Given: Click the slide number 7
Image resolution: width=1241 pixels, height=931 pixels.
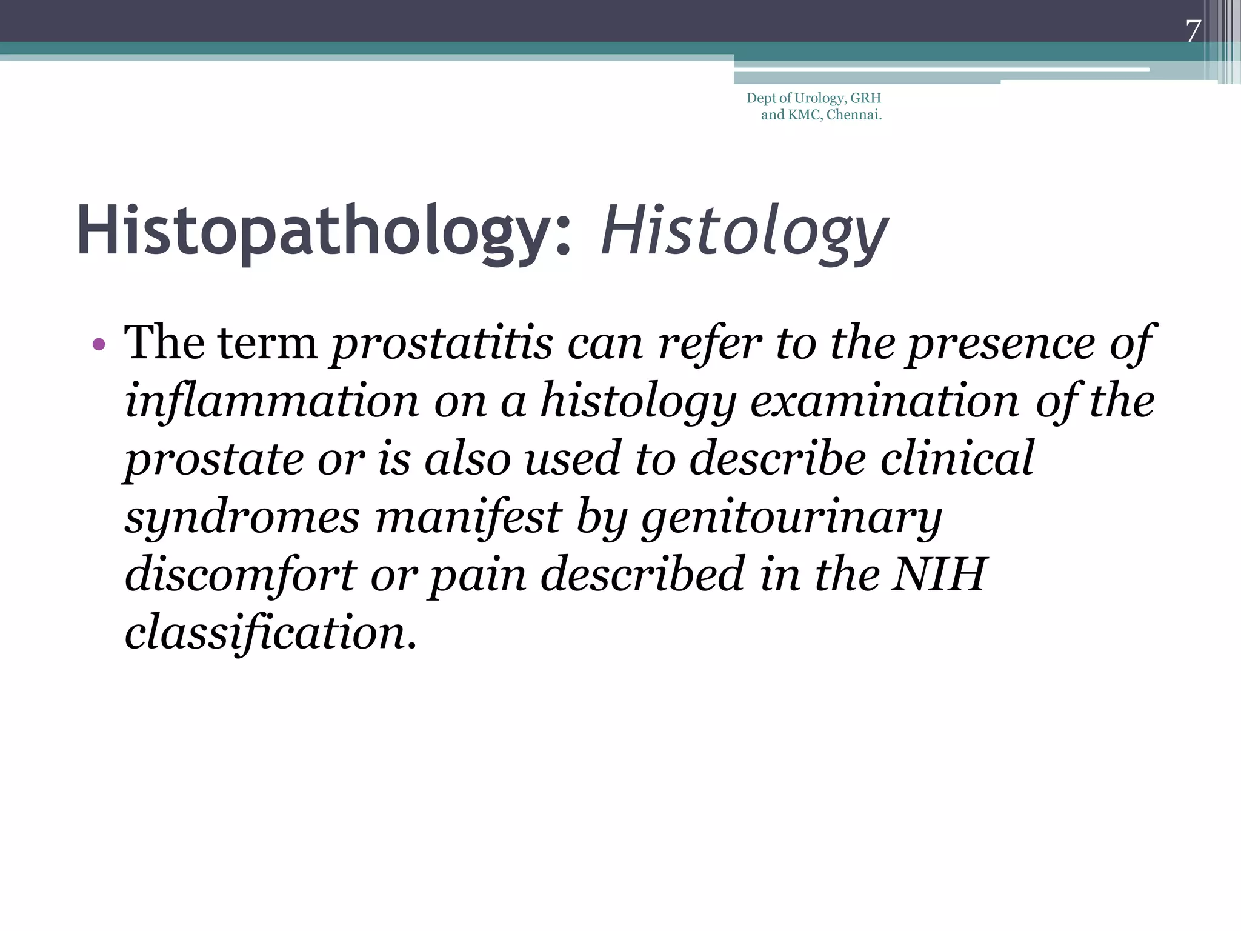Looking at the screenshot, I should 1193,32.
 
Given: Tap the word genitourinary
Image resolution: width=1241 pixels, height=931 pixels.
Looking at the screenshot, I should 791,518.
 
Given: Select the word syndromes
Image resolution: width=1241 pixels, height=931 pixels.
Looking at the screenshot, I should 242,518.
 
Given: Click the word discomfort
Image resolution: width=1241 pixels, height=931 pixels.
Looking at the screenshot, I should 241,575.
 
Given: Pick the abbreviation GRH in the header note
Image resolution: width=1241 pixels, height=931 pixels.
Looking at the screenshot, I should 866,98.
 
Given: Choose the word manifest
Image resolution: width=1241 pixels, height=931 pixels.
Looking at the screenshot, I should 468,518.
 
